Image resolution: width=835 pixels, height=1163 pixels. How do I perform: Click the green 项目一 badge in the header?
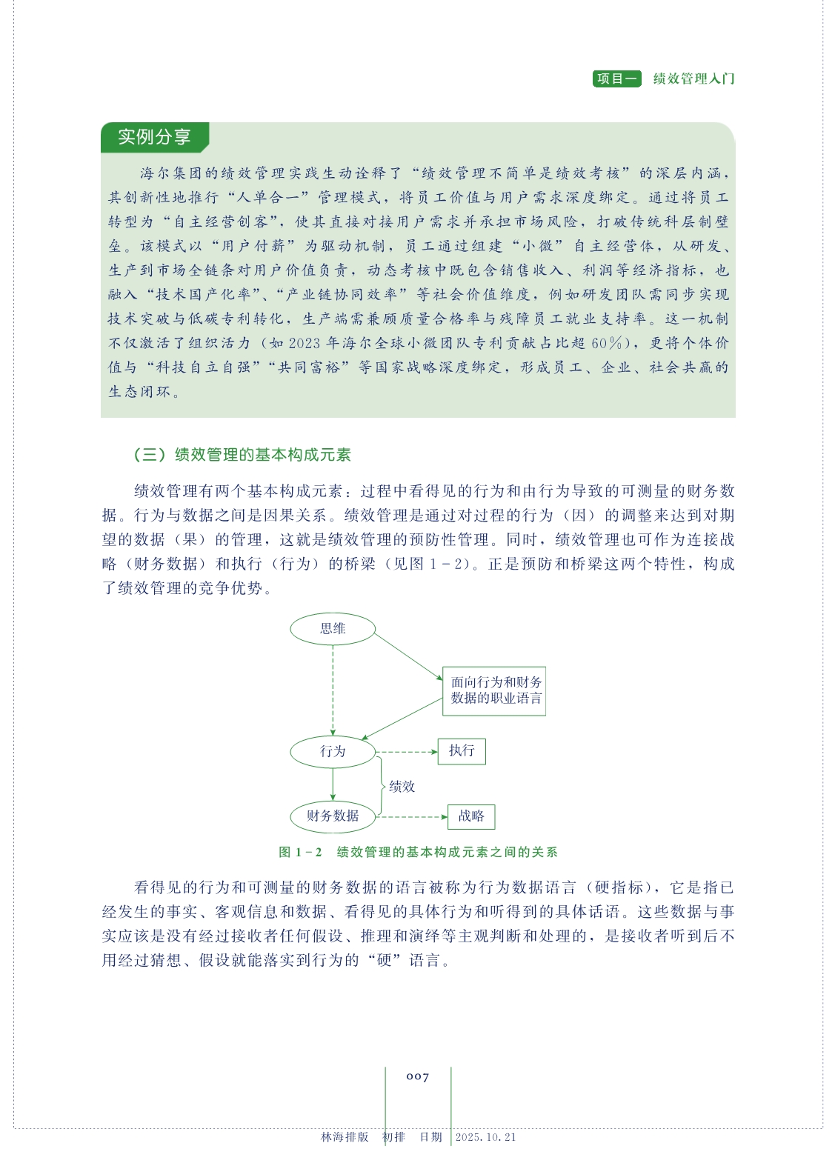coord(616,79)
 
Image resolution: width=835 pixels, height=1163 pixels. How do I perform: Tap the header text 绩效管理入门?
coord(693,79)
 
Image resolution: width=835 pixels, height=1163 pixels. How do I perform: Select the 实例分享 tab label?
coord(154,137)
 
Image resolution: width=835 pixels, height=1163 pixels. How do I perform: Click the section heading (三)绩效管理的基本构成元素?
coord(242,455)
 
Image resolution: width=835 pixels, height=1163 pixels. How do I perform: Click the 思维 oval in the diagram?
coord(333,629)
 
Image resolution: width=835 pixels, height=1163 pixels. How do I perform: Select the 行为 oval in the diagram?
coord(333,751)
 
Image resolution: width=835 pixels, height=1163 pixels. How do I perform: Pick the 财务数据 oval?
coord(333,816)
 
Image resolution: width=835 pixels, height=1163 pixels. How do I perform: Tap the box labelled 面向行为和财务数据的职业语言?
coord(494,690)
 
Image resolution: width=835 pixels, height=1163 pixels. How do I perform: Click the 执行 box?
coord(462,751)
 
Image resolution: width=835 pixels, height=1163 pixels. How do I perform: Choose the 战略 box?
coord(471,816)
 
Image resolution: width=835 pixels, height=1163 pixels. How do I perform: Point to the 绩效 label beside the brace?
coord(402,787)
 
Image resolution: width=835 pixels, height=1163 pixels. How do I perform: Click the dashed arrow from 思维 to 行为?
coord(333,689)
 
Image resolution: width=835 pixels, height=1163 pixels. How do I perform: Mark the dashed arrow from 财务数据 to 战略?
coord(411,817)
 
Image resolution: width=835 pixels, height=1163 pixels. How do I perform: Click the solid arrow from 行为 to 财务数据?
coord(333,784)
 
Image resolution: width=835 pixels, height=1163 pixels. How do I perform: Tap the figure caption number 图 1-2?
coord(300,852)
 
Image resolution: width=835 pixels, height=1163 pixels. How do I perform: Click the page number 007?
coord(418,1076)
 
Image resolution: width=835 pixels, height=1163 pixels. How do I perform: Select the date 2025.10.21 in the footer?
coord(485,1137)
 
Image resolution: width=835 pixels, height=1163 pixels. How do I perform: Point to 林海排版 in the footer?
coord(345,1137)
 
